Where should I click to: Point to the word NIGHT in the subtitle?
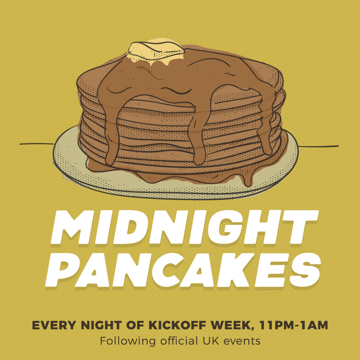[x=101, y=325]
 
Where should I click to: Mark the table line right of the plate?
[x=318, y=146]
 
